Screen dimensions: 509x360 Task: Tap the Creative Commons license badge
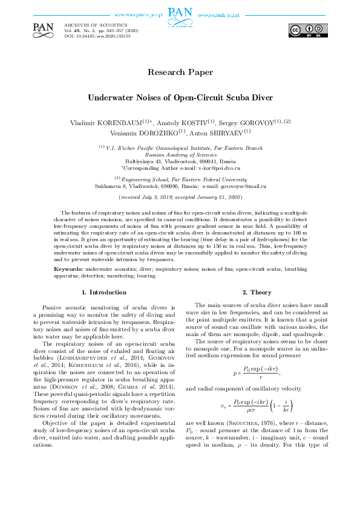pyautogui.click(x=309, y=30)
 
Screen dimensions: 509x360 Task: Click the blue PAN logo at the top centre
pyautogui.click(x=180, y=14)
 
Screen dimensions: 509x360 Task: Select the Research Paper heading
pyautogui.click(x=180, y=72)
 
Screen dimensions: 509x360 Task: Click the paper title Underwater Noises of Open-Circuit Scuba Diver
pyautogui.click(x=180, y=97)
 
